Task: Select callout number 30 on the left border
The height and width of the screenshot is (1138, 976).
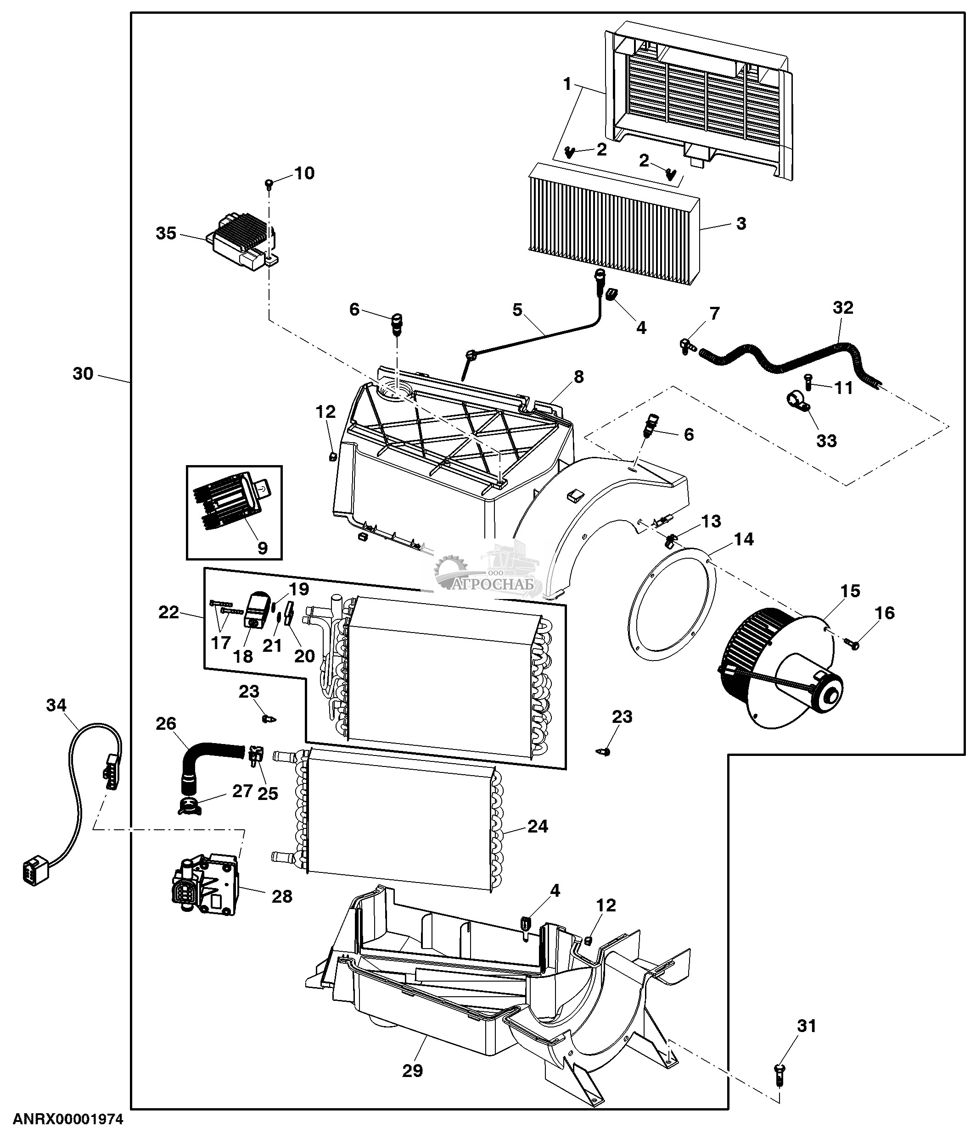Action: click(83, 373)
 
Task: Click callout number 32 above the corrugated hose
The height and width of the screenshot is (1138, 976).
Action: click(842, 308)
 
